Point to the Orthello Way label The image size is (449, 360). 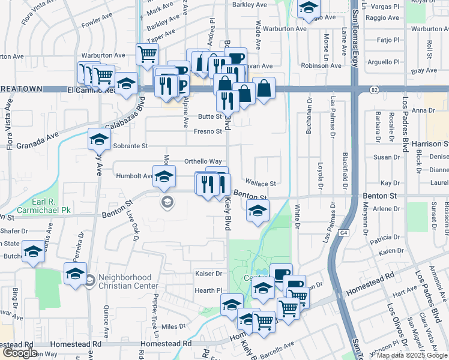pyautogui.click(x=203, y=161)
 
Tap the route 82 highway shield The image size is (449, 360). pyautogui.click(x=375, y=89)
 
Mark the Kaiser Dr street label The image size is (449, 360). pyautogui.click(x=209, y=273)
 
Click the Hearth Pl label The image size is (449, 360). pyautogui.click(x=208, y=290)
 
